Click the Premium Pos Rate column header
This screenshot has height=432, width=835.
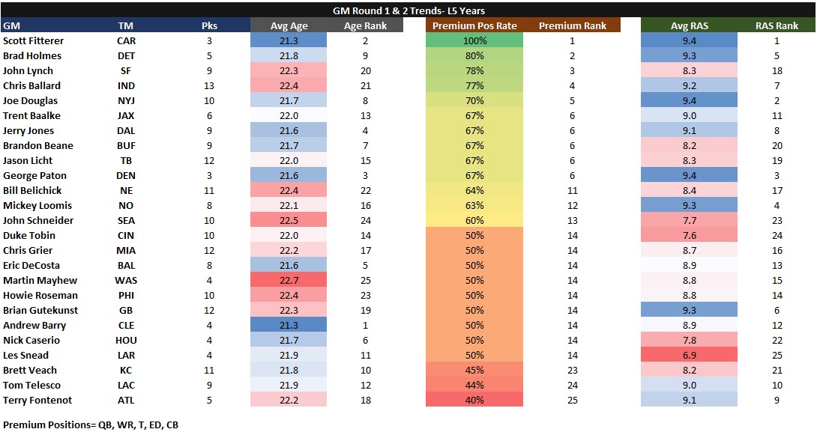pyautogui.click(x=474, y=25)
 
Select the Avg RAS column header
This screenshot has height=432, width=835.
pyautogui.click(x=689, y=25)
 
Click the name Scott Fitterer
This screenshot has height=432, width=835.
pyautogui.click(x=34, y=40)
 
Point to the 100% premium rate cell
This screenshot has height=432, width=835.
pyautogui.click(x=474, y=40)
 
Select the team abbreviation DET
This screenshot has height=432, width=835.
pyautogui.click(x=126, y=55)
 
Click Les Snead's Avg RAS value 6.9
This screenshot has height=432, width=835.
pyautogui.click(x=689, y=355)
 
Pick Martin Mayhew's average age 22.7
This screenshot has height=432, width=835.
pyautogui.click(x=288, y=280)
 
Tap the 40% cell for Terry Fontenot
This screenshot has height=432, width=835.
pyautogui.click(x=474, y=400)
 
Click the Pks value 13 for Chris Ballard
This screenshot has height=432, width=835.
pyautogui.click(x=209, y=85)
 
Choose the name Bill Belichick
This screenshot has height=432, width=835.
pyautogui.click(x=32, y=190)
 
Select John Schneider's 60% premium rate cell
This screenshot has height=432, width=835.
pyautogui.click(x=474, y=220)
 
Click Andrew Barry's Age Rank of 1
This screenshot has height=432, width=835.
pyautogui.click(x=365, y=325)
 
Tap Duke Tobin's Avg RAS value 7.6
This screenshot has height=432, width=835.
pyautogui.click(x=689, y=235)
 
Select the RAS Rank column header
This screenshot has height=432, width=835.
pyautogui.click(x=777, y=25)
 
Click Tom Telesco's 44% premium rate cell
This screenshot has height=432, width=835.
pyautogui.click(x=474, y=385)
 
